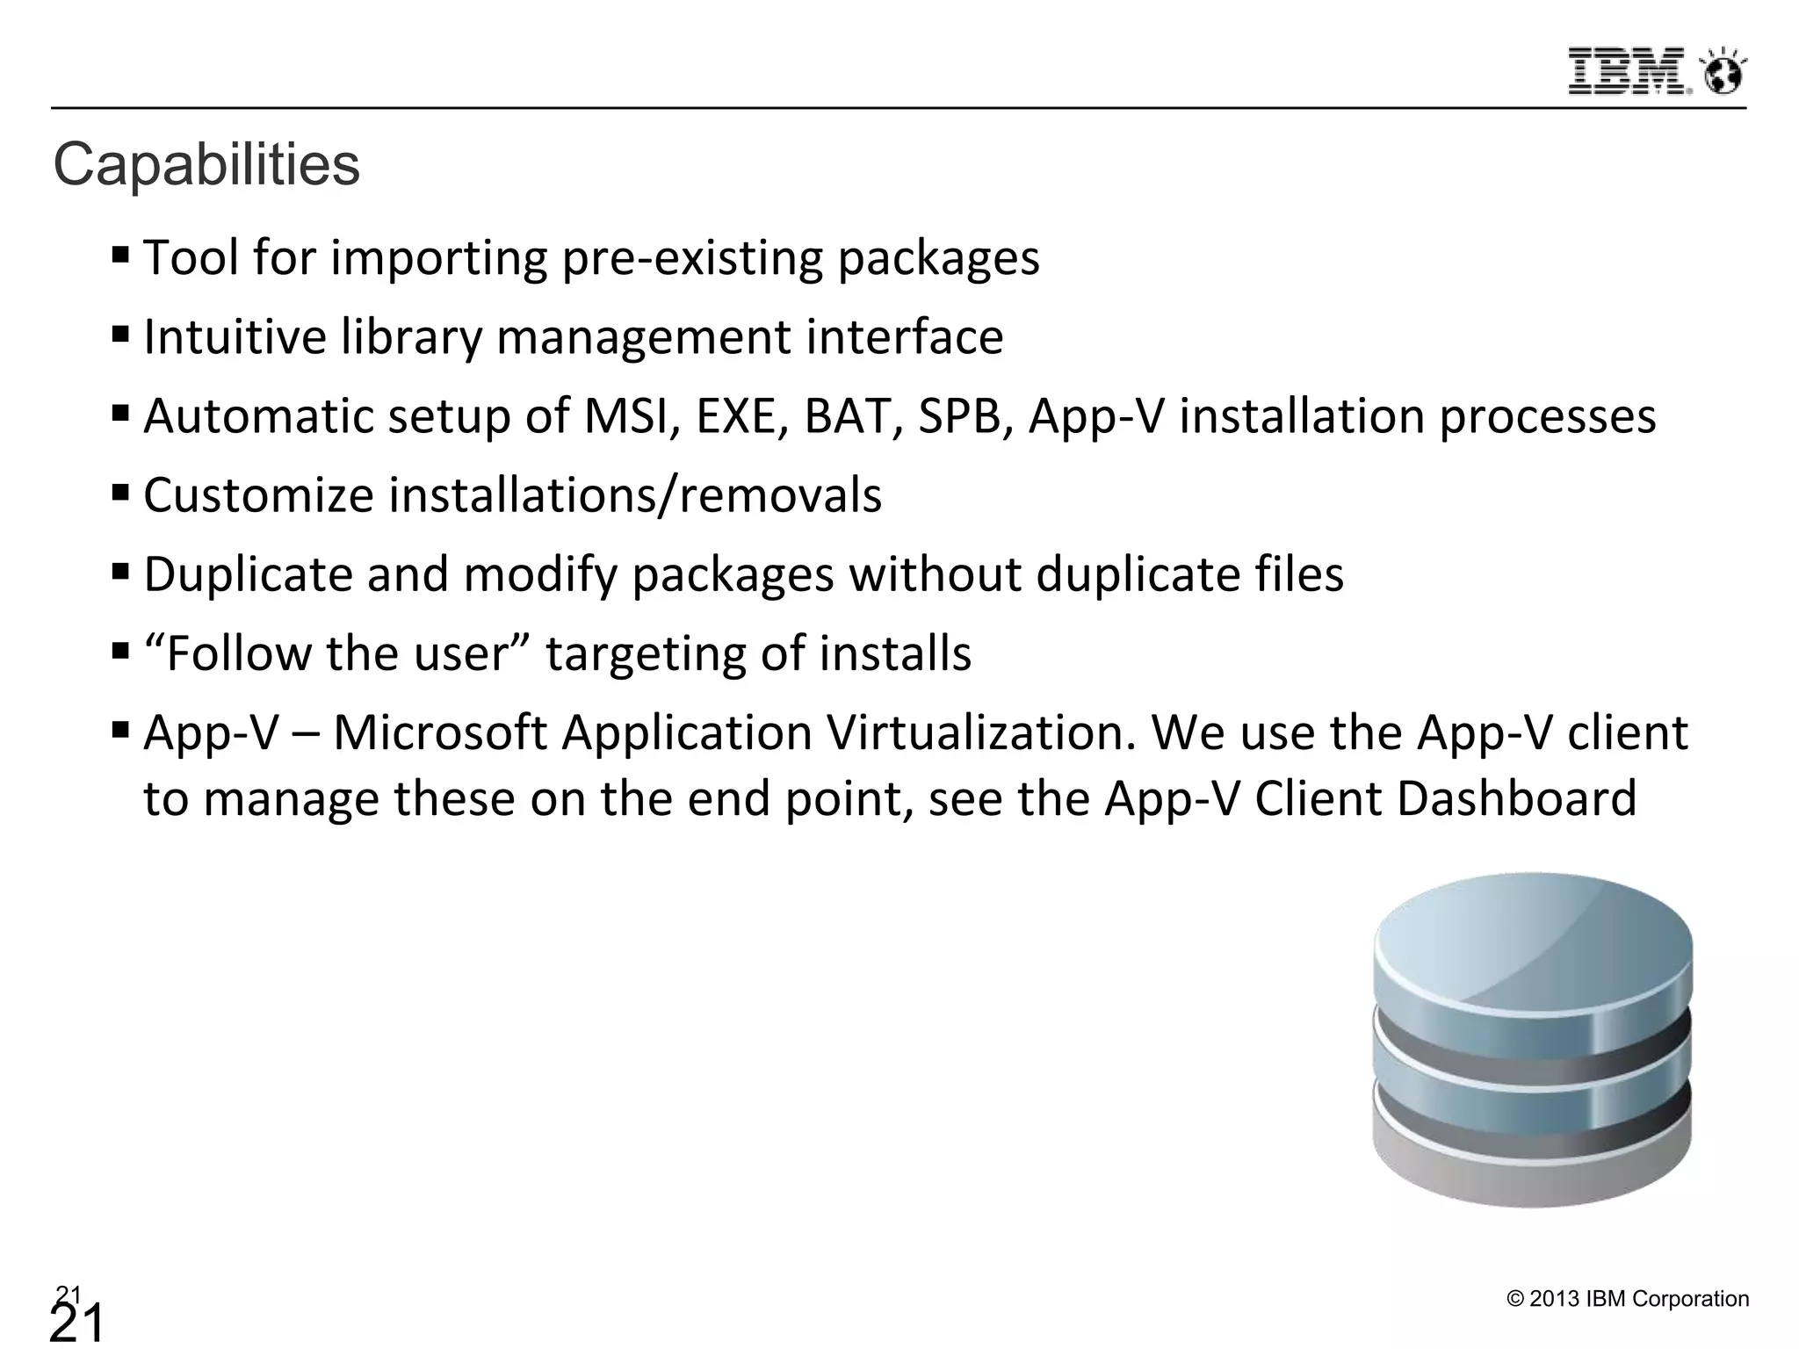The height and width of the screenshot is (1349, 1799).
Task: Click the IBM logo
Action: [1628, 70]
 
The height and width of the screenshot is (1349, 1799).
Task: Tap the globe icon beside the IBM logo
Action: [1723, 73]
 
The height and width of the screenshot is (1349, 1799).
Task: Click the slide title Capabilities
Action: [206, 164]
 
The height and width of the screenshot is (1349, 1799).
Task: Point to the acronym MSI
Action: [632, 415]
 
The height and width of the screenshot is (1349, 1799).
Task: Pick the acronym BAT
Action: [854, 415]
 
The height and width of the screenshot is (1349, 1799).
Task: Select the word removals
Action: [781, 495]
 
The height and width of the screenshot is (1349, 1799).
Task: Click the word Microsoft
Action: [440, 732]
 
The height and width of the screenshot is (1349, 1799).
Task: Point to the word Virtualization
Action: [850, 732]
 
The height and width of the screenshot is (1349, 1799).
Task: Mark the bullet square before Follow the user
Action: [121, 652]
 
